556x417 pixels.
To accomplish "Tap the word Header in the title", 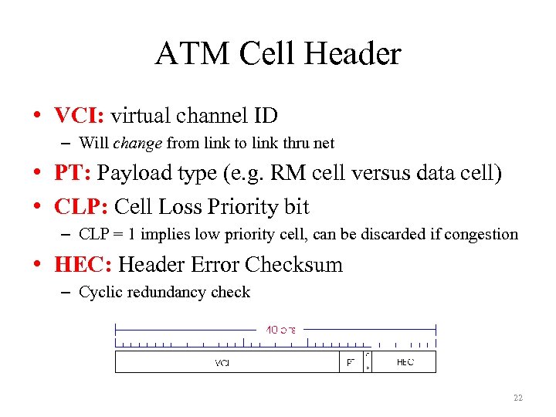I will (x=354, y=54).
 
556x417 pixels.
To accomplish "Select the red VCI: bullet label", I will (x=80, y=116).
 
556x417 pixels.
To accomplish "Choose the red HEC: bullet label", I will (x=83, y=264).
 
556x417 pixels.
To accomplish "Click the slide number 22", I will (x=517, y=398).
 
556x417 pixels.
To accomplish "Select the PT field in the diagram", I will (x=351, y=362).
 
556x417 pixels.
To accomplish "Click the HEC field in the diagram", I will (x=405, y=362).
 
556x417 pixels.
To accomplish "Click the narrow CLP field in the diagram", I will (x=368, y=362).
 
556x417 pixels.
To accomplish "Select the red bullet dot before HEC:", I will (x=37, y=265).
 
